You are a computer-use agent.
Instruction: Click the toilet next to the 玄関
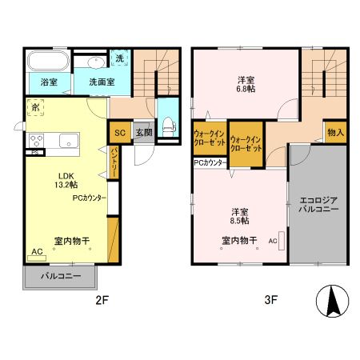tap(168, 122)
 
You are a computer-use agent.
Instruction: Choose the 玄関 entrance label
tap(143, 133)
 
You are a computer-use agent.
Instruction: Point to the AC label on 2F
tap(36, 252)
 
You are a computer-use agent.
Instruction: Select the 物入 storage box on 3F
tap(335, 132)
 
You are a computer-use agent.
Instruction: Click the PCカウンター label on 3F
tap(210, 162)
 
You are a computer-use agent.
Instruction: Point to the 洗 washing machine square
tap(118, 58)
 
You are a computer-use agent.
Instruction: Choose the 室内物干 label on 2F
tap(71, 239)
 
